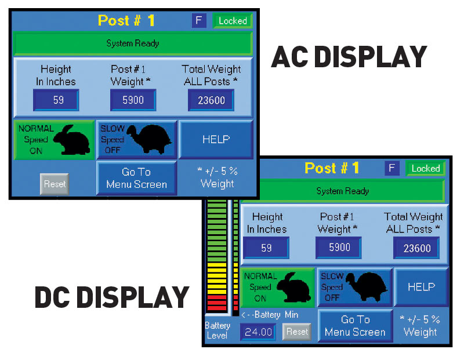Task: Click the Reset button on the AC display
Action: coord(55,184)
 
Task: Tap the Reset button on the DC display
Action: coord(297,332)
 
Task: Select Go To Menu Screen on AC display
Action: coord(136,178)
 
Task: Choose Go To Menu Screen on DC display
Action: coord(355,326)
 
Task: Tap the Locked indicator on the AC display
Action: coord(233,21)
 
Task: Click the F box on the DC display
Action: coord(392,168)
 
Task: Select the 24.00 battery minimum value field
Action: coord(258,332)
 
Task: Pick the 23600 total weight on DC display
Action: coord(416,248)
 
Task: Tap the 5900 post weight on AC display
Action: coord(133,100)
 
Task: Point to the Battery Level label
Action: coord(217,330)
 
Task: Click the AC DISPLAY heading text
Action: coord(349,57)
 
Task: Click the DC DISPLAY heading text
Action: coord(112,297)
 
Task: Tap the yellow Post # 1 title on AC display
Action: coord(126,20)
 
